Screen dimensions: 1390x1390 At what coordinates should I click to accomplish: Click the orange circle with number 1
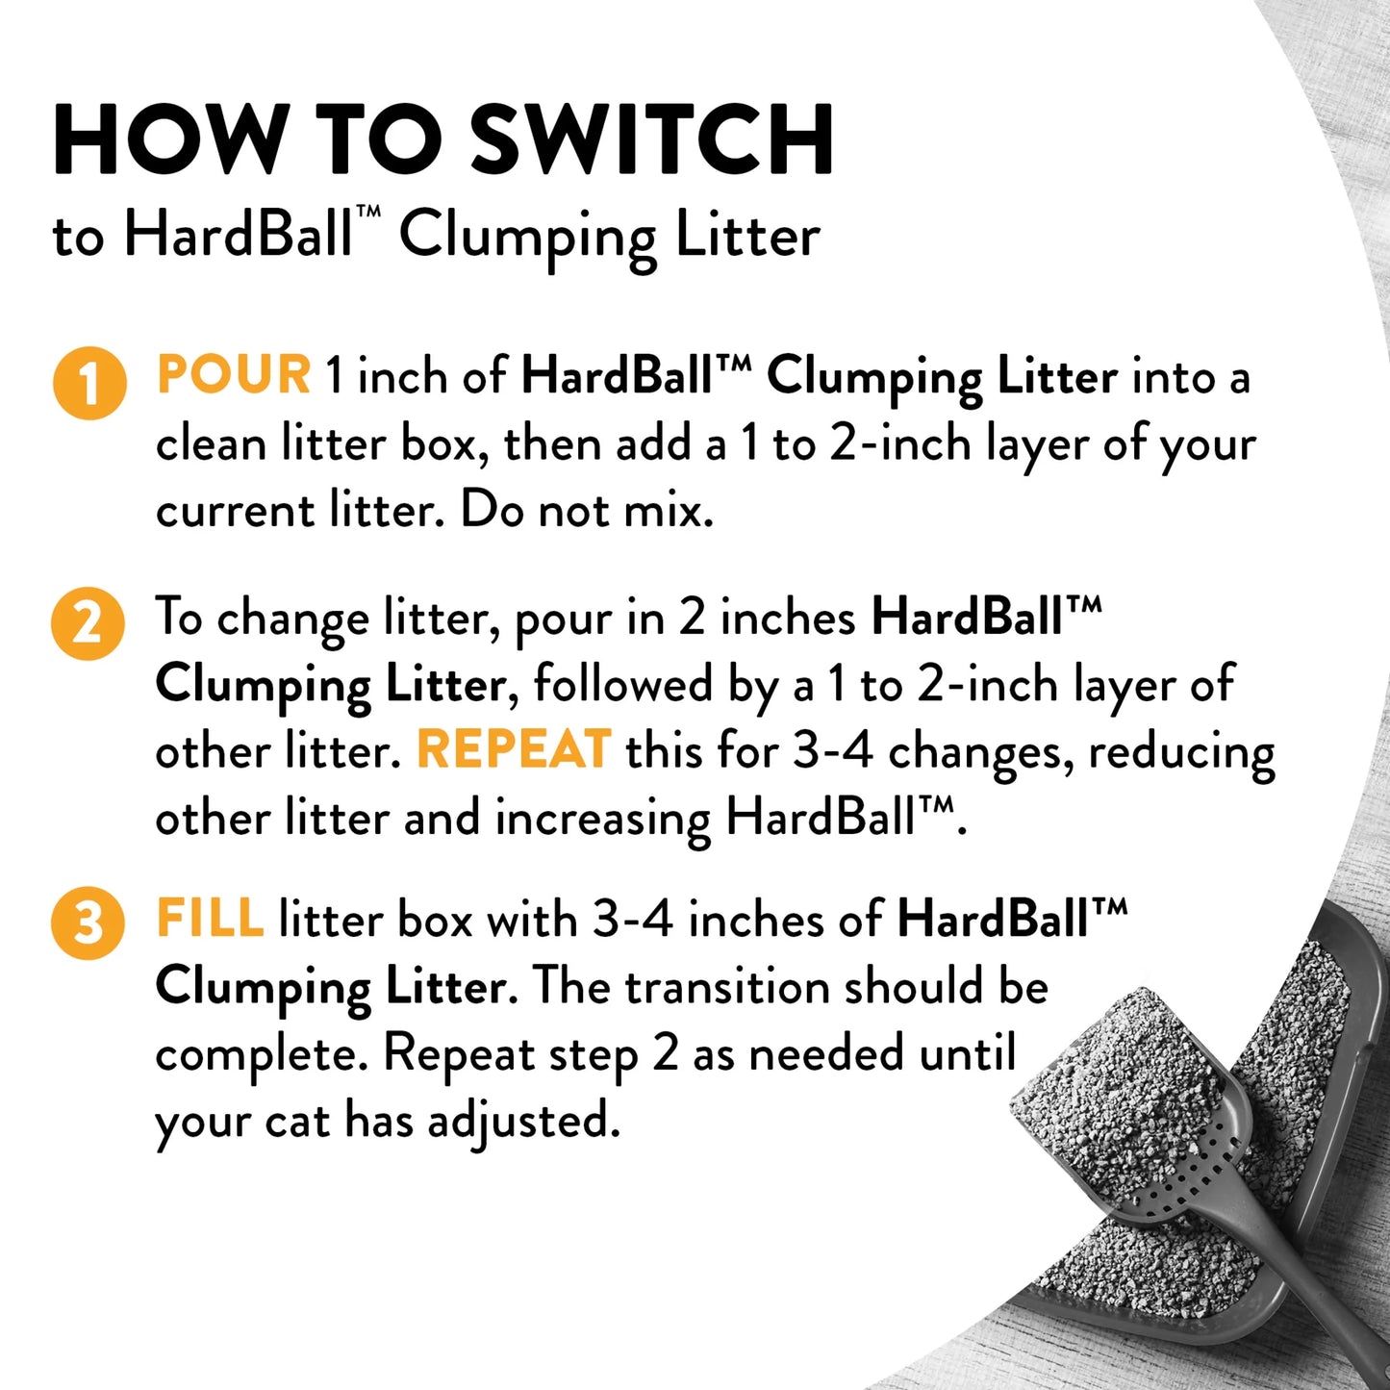89,383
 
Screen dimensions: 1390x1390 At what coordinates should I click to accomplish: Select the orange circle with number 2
88,623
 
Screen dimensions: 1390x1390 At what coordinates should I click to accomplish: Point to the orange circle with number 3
88,923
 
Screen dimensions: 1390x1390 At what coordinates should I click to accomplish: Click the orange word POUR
234,375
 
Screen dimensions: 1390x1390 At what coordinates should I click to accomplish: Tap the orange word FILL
210,919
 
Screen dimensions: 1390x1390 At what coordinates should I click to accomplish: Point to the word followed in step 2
622,684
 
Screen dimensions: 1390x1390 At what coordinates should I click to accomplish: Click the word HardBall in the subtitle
239,235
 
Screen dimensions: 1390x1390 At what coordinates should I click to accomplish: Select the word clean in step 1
211,444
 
